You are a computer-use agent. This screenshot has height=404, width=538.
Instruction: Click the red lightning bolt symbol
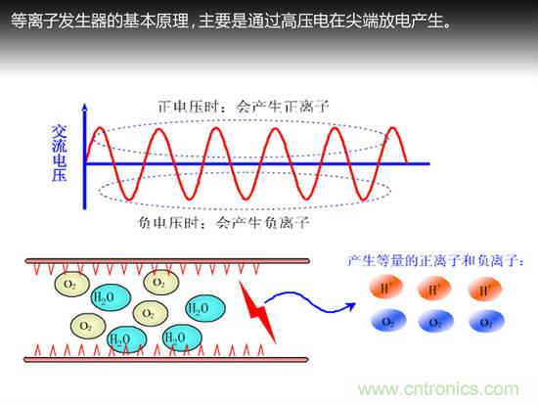261,310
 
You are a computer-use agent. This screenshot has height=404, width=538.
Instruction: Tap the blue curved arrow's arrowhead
345,303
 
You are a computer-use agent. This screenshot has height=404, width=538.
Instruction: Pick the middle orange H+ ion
433,289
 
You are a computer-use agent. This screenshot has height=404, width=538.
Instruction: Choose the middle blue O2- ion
433,321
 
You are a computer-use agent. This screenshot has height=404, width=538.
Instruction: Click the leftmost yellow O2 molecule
69,285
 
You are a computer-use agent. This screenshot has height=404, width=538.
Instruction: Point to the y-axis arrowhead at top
86,106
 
